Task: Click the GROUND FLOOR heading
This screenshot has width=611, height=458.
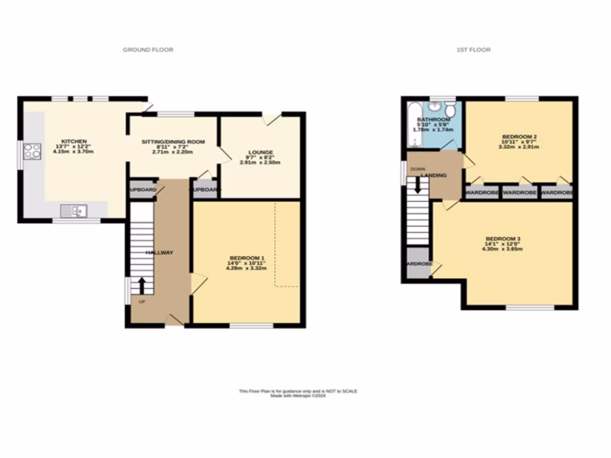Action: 148,50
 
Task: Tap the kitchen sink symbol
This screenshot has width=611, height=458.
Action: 75,210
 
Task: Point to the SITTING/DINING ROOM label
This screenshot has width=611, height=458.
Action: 173,142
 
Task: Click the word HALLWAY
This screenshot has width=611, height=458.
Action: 159,253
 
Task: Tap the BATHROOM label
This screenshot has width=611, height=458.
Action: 434,120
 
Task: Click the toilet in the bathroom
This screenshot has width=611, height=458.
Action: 450,109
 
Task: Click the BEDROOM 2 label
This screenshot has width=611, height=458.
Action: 519,136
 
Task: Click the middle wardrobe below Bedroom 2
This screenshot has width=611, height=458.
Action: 520,193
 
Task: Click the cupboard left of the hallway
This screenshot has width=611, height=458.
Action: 143,190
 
